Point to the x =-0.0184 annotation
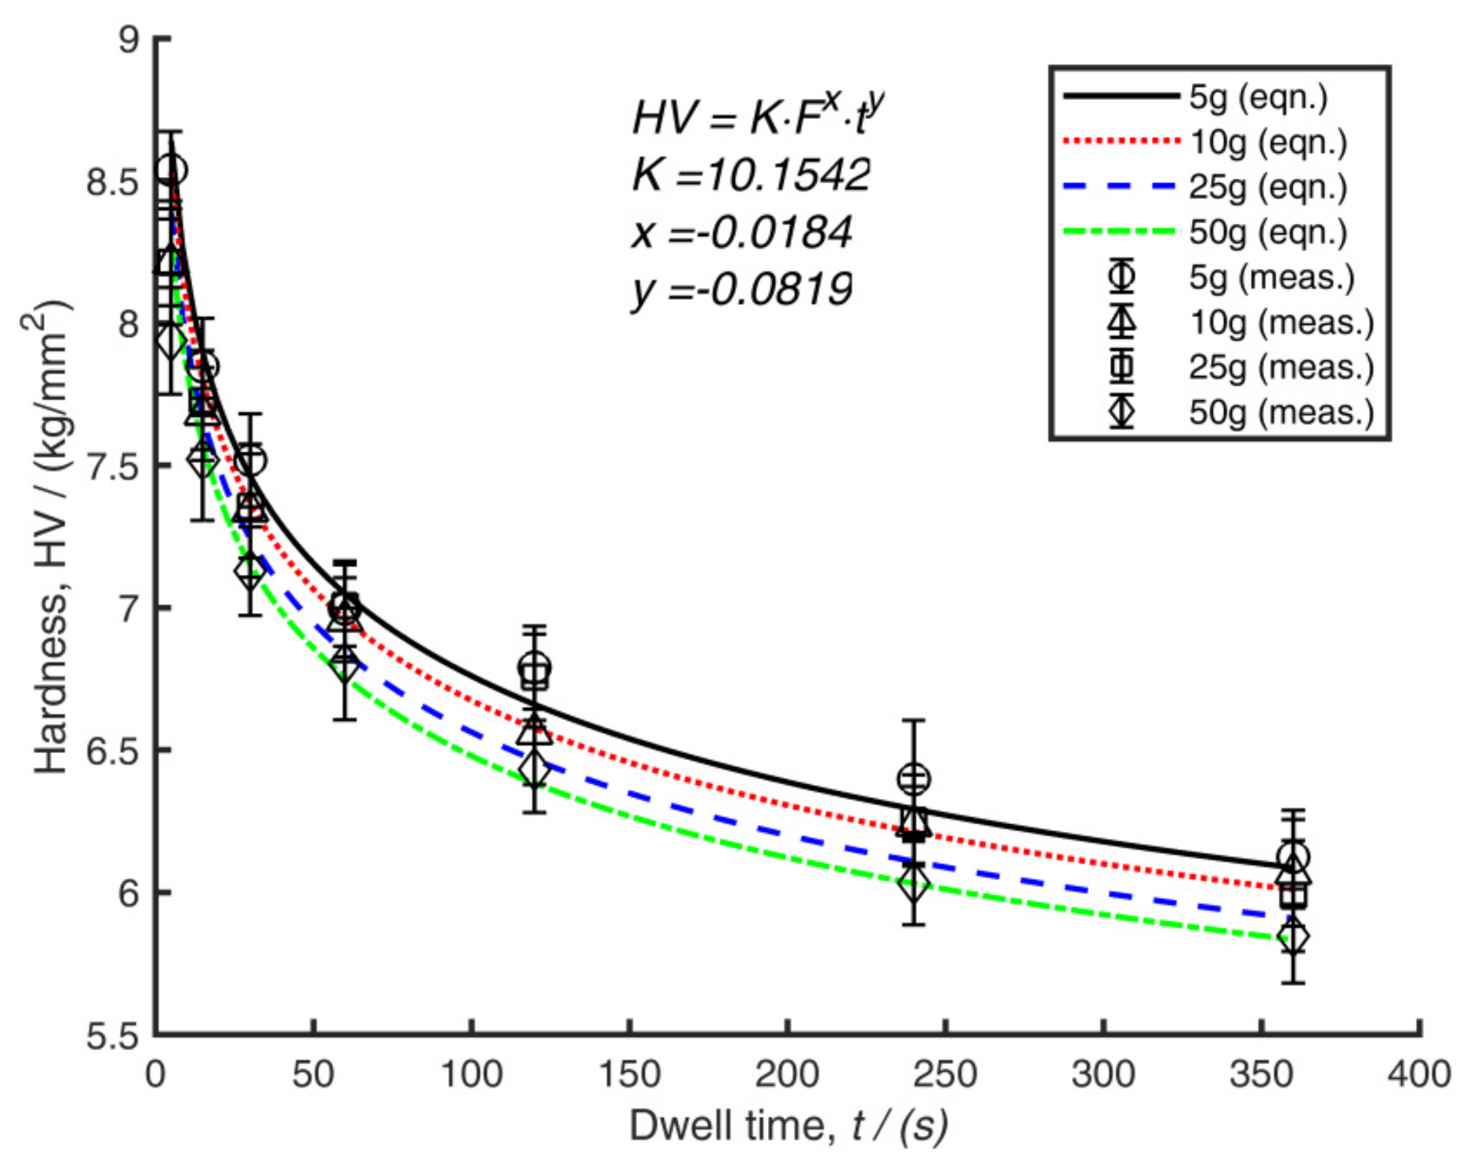742,232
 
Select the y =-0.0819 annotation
742,290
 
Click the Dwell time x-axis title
788,1126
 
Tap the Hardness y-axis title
51,539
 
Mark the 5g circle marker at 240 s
914,778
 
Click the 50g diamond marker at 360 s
1293,938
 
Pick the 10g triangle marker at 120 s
535,731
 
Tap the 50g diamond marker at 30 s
250,571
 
